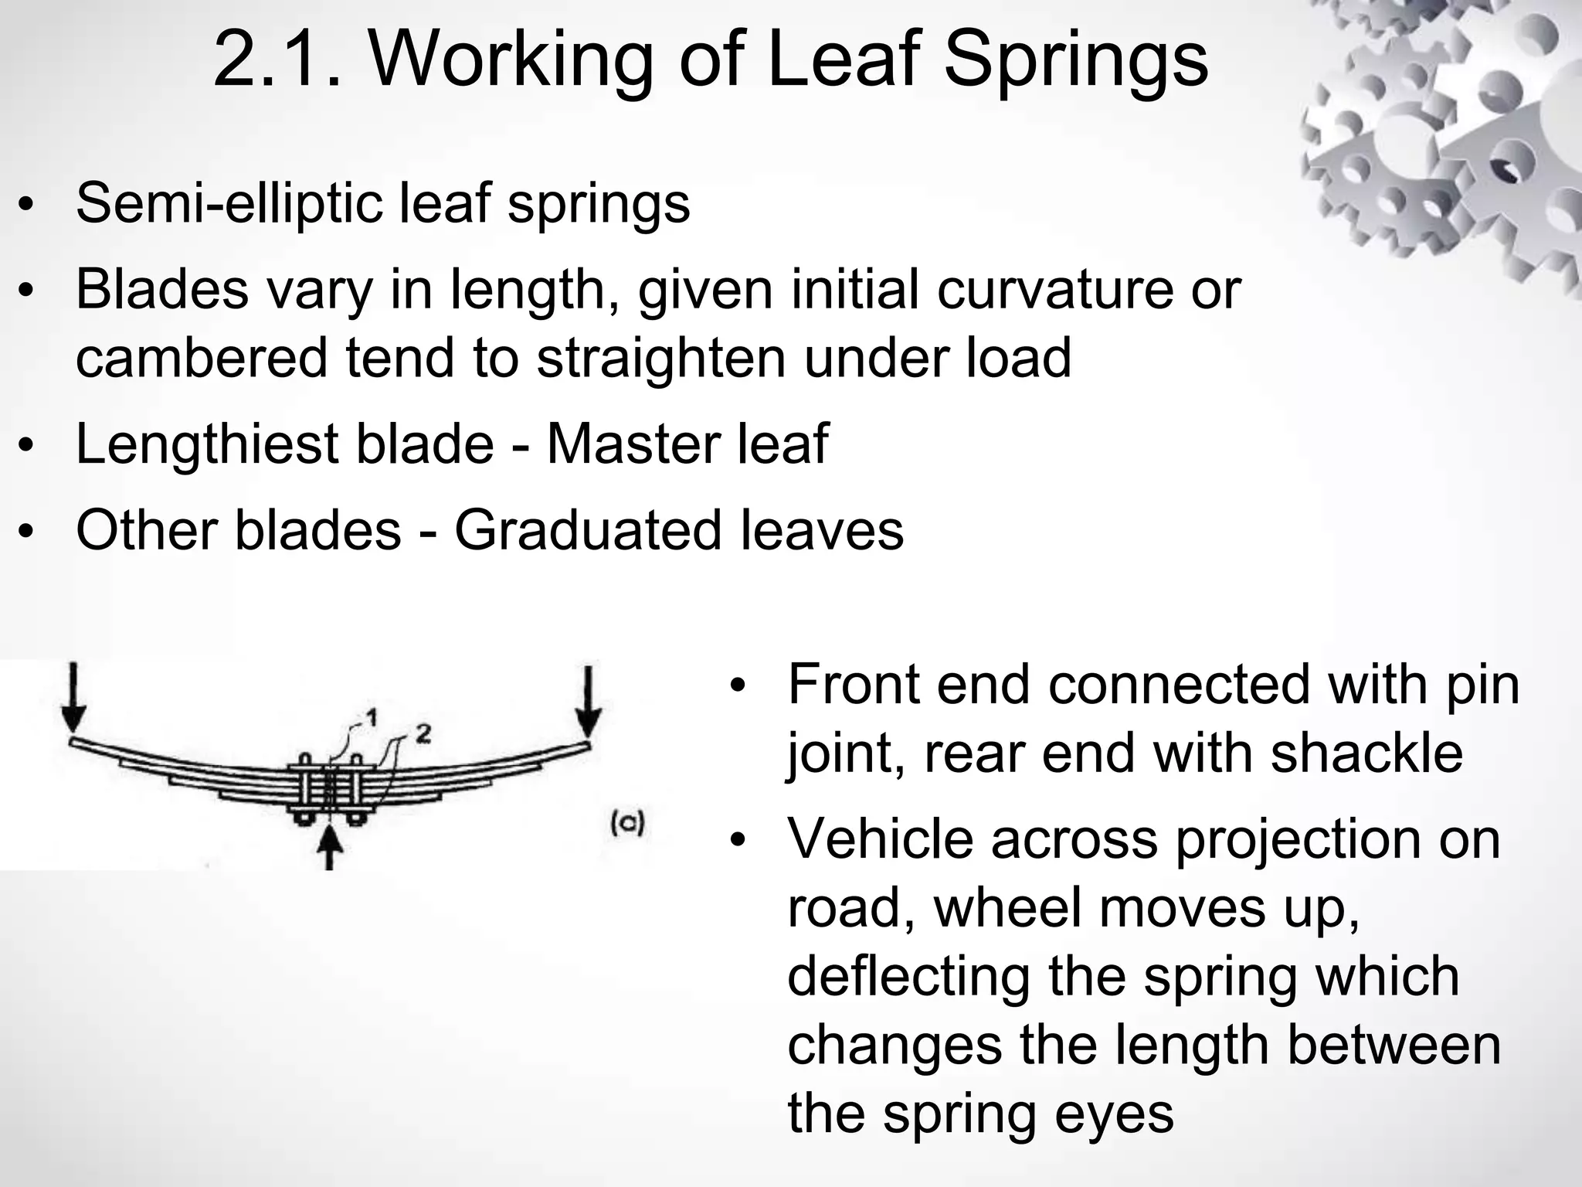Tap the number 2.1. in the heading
click(x=277, y=60)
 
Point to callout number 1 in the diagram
click(x=371, y=718)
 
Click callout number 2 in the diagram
click(x=423, y=733)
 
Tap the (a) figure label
click(x=627, y=823)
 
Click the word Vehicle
click(x=880, y=839)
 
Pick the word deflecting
click(x=908, y=976)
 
